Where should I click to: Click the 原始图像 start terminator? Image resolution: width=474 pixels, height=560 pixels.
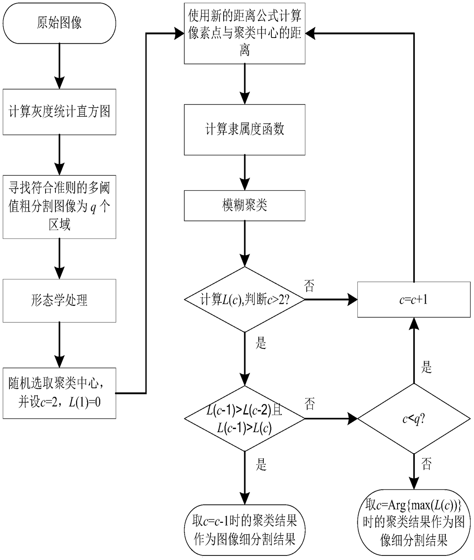coord(59,23)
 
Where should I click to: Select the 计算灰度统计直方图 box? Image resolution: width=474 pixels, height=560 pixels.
coord(59,112)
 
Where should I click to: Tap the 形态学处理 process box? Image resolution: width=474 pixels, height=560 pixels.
coord(59,300)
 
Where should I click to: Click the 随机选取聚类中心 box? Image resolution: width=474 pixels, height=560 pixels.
coord(59,393)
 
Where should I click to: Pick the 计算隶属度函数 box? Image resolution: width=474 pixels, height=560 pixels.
coord(245,129)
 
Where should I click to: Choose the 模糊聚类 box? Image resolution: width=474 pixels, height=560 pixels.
coord(245,206)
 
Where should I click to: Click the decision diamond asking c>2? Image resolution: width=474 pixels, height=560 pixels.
coord(245,299)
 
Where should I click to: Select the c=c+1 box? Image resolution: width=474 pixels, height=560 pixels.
coord(414,299)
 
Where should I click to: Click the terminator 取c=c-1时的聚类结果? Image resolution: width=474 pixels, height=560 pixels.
coord(245,530)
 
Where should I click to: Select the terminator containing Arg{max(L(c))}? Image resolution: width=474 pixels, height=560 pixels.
coord(414,522)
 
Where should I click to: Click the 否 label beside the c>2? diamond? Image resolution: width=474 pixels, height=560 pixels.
coord(309,286)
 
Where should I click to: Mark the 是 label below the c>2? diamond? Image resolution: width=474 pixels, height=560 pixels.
coord(261,343)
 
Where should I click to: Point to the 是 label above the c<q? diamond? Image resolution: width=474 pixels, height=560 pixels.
coord(427,367)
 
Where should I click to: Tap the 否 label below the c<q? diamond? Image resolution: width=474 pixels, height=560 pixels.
coord(427,464)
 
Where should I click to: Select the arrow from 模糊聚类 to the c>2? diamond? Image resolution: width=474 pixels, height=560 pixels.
coord(245,244)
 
